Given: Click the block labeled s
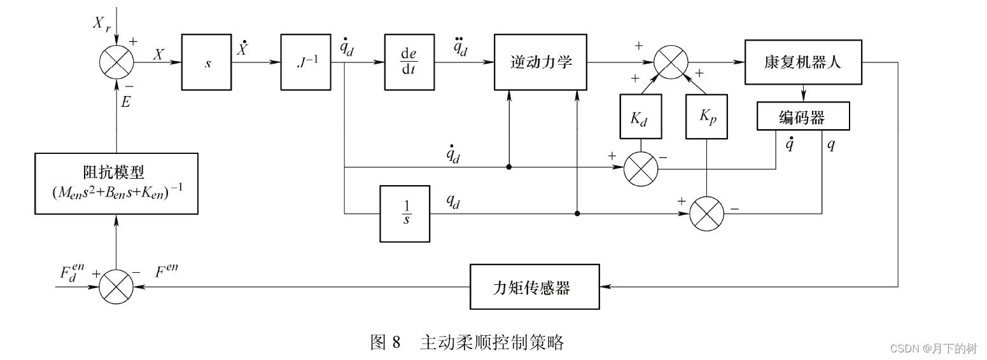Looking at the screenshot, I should click(207, 62).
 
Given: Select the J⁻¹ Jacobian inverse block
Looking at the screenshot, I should click(306, 62).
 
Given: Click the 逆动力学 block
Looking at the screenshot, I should click(541, 62).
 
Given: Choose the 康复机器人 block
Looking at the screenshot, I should click(803, 62).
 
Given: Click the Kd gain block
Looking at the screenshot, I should click(640, 117).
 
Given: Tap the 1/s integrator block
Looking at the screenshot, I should click(405, 214).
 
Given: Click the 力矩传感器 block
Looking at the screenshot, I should click(535, 287).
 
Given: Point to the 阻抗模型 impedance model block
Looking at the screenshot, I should click(116, 183).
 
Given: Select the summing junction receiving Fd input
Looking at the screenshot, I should click(116, 287).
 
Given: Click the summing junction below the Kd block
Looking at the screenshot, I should click(640, 169).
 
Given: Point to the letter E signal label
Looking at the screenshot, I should click(125, 102).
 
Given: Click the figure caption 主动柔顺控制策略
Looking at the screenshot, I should click(491, 343).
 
